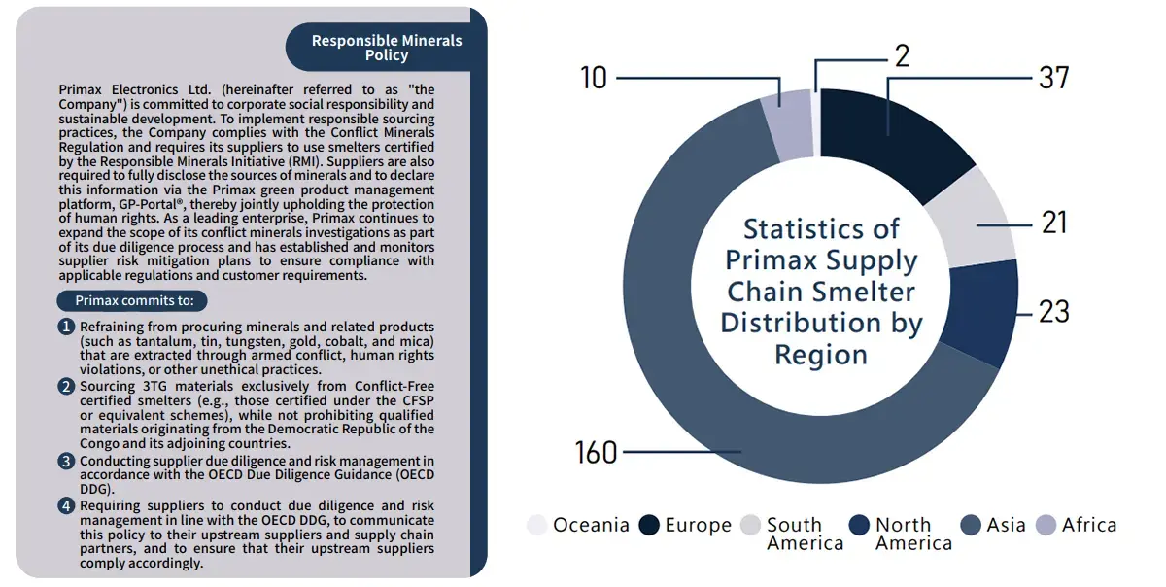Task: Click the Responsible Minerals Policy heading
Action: pyautogui.click(x=386, y=48)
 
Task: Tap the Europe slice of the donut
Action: pyautogui.click(x=889, y=136)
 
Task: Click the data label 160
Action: pyautogui.click(x=596, y=452)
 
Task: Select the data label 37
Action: pyautogui.click(x=1053, y=78)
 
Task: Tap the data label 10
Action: pyautogui.click(x=594, y=78)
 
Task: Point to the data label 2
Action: pyautogui.click(x=902, y=56)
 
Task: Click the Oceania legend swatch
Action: pyautogui.click(x=537, y=526)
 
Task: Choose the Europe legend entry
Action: pyautogui.click(x=684, y=526)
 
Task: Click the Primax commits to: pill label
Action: pyautogui.click(x=133, y=300)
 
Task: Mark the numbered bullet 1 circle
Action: pyautogui.click(x=66, y=327)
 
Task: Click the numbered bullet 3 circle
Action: pyautogui.click(x=66, y=461)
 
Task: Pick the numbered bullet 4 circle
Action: pyautogui.click(x=66, y=505)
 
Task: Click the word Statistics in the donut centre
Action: pyautogui.click(x=821, y=229)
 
